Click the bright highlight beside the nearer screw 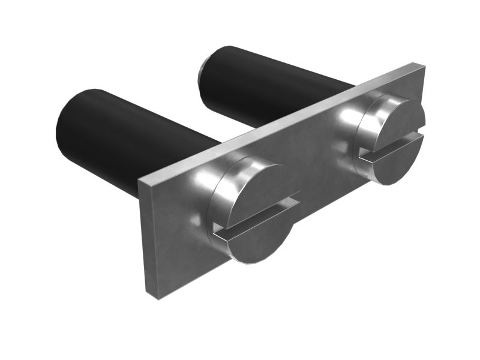(201, 180)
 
